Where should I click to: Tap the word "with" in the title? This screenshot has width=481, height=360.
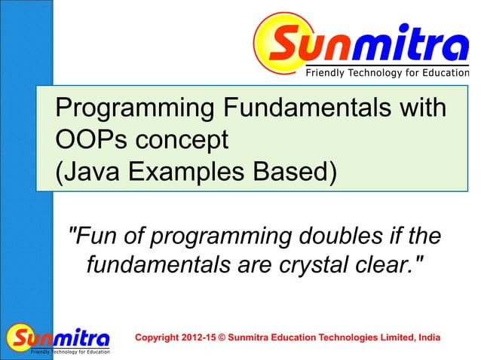click(x=418, y=108)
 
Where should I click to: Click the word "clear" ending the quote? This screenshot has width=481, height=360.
click(x=384, y=265)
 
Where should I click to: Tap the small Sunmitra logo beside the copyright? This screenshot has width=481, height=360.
click(x=59, y=338)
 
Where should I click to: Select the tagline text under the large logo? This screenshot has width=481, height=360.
click(x=386, y=72)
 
